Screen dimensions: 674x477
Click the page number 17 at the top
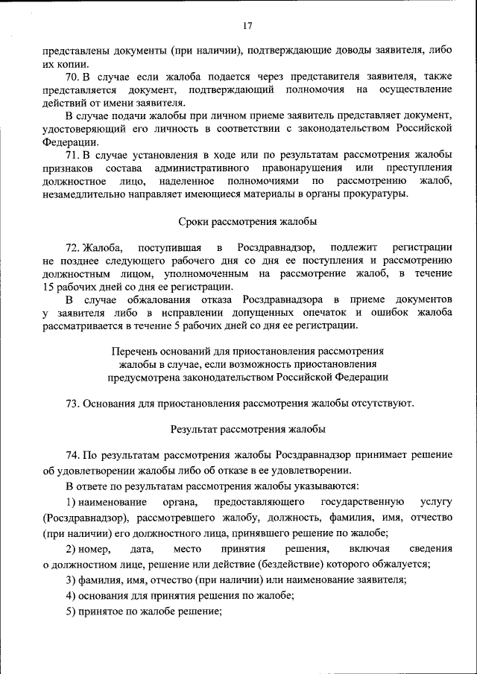[x=247, y=26]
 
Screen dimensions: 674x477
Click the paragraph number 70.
[x=72, y=77]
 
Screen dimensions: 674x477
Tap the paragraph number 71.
[x=72, y=155]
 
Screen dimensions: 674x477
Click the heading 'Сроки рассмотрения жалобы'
[x=247, y=221]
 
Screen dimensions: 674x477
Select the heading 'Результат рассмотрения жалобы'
[x=247, y=429]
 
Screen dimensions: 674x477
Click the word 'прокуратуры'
[x=378, y=194]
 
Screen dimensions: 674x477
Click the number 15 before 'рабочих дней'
[x=48, y=287]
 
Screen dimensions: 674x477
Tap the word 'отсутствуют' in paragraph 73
[x=383, y=403]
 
